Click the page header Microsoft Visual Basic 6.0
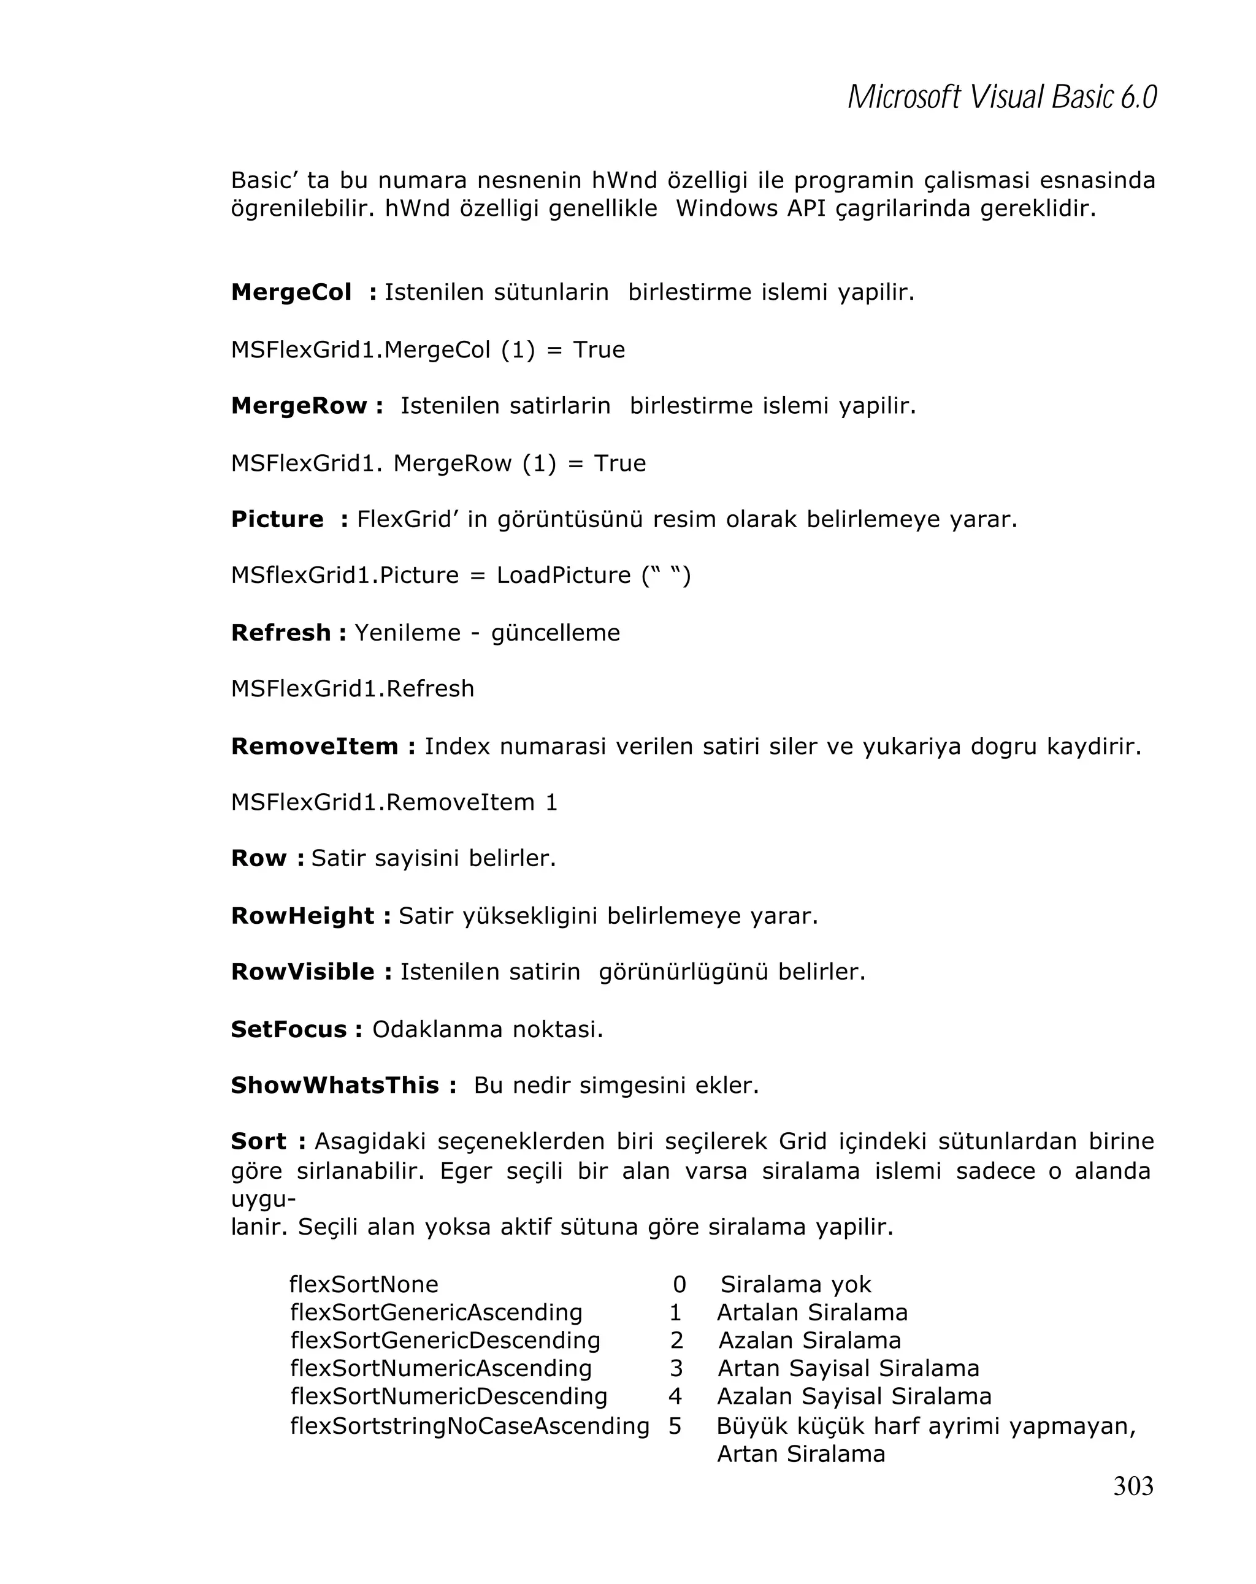pos(1001,97)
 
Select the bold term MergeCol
pos(291,292)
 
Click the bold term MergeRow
pos(299,406)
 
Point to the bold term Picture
pos(277,519)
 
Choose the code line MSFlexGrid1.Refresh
pos(352,689)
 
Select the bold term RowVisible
pos(303,972)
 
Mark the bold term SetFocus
pos(289,1029)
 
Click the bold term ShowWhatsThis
pos(334,1085)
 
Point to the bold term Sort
pos(259,1141)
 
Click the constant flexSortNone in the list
pos(364,1284)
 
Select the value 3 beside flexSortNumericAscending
pos(676,1368)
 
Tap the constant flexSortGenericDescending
pos(445,1340)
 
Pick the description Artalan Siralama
pos(812,1312)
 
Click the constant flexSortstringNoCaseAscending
pos(470,1426)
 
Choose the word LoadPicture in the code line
pos(563,575)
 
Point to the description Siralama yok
pos(795,1284)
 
